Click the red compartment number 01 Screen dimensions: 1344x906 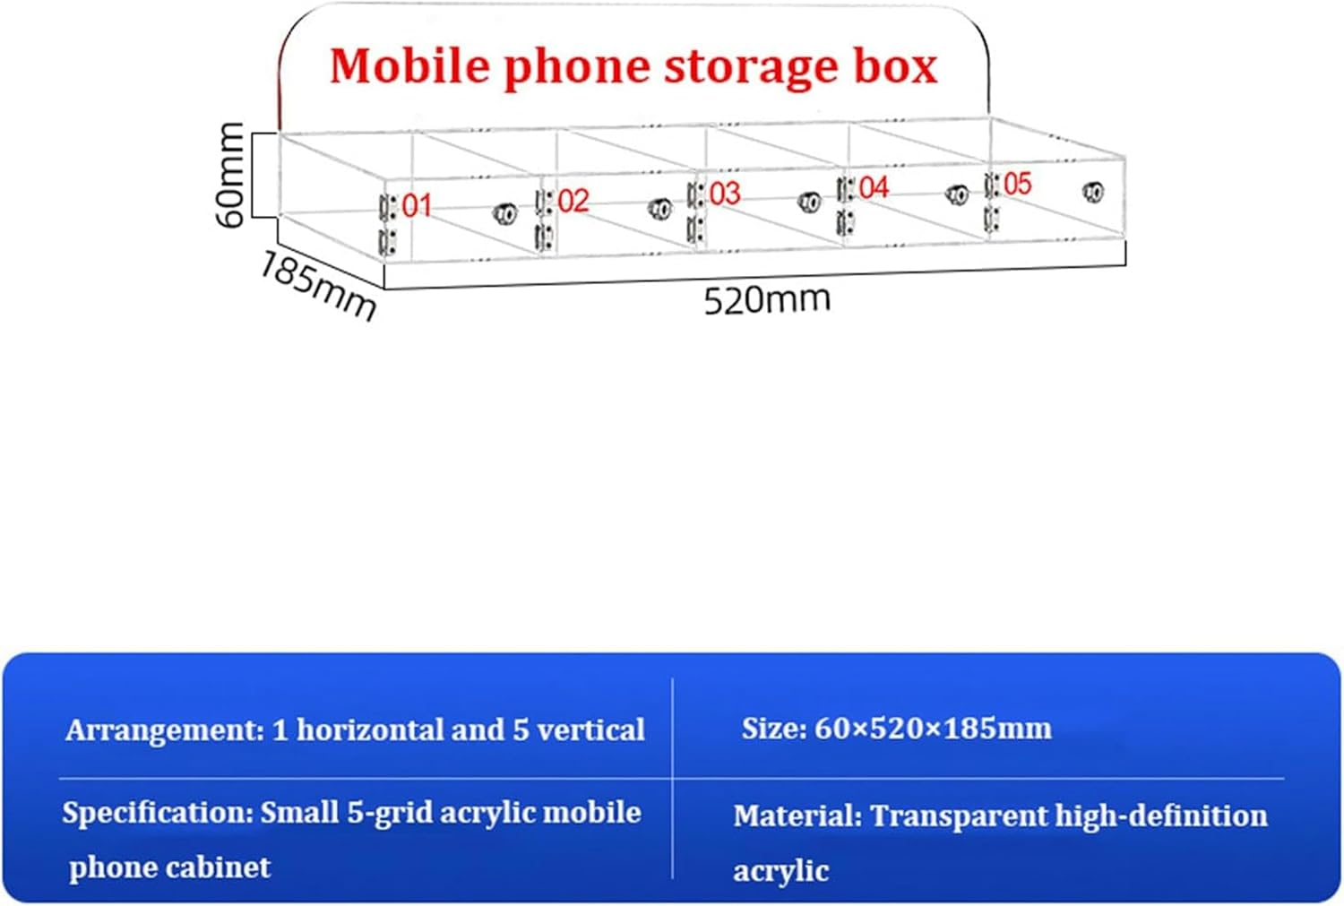(417, 205)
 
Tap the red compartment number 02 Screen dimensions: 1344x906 (573, 201)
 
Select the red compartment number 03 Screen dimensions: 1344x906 (725, 194)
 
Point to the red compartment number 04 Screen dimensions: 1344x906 (874, 187)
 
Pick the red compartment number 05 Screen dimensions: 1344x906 (1017, 184)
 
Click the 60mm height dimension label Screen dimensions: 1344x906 (231, 174)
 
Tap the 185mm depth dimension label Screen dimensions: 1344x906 (318, 286)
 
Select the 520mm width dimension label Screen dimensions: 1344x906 (767, 299)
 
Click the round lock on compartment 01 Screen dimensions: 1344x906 (504, 213)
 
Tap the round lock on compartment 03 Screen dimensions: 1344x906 (809, 202)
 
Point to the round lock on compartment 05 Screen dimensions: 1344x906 (1093, 191)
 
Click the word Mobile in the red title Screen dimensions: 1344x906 (409, 66)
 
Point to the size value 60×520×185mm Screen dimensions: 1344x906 (933, 729)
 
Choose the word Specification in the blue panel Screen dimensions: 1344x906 (158, 814)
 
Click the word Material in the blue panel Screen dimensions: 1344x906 (797, 815)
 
